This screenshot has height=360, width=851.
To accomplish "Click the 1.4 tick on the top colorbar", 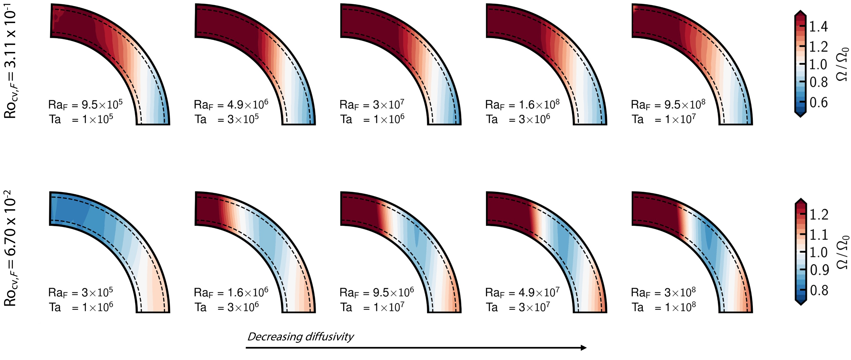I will coord(818,26).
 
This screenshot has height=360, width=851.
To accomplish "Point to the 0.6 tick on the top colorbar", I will coord(818,102).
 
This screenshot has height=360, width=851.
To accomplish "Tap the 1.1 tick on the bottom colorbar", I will coord(819,234).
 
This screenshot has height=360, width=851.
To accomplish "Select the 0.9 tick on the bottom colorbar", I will coord(819,270).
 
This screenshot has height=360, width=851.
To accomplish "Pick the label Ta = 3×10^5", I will coord(226,119).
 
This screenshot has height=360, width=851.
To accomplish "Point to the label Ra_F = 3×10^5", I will coord(81,292).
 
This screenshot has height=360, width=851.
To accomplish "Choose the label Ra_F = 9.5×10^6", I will coord(377,292).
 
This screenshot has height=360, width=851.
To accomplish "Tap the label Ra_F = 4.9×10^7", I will coord(522,292).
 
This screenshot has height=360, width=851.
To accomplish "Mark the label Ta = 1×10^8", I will coord(663,307).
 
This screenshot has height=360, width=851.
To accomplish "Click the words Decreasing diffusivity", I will coord(300,337).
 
